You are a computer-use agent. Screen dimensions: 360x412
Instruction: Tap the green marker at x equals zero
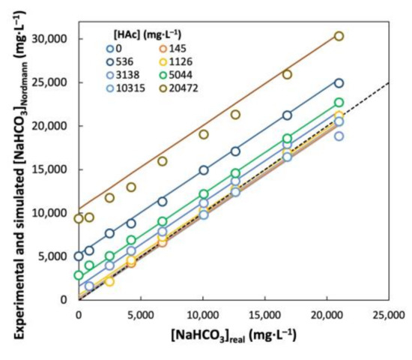click(x=79, y=275)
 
